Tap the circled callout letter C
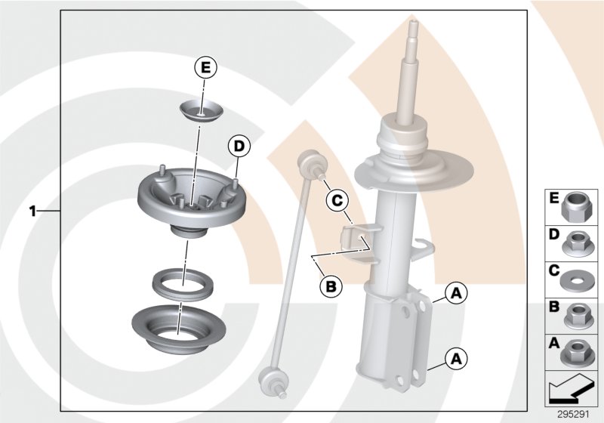337,200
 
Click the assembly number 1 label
32,211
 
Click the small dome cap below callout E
200,110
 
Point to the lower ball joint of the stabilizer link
270,378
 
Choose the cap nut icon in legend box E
578,205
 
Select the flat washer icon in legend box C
578,276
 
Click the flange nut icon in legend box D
578,240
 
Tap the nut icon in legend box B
578,312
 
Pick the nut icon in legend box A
578,349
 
